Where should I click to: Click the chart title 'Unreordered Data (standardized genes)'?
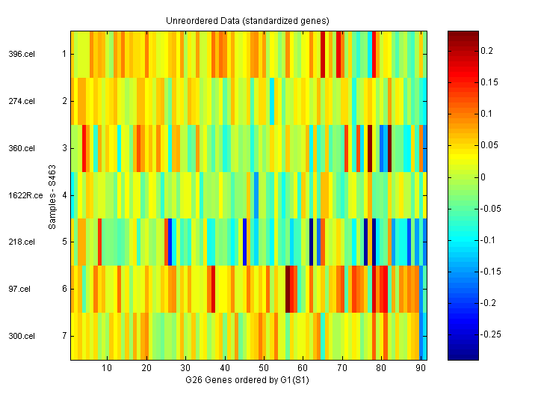(x=247, y=20)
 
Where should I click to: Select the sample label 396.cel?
(x=22, y=54)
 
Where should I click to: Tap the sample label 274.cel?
(x=22, y=101)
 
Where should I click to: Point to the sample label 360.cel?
(x=22, y=148)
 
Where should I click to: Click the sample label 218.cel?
(x=22, y=242)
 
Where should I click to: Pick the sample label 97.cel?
(x=19, y=289)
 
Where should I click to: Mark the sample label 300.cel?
(x=22, y=336)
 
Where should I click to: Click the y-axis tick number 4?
(x=65, y=195)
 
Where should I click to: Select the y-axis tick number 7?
(x=65, y=336)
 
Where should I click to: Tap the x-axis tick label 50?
(x=264, y=369)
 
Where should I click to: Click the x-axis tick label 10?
(x=107, y=369)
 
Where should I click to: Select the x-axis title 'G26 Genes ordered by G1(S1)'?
(x=247, y=381)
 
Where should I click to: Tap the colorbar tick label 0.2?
(x=486, y=50)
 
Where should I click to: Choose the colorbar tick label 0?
(x=482, y=177)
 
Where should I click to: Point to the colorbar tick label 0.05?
(x=489, y=145)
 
